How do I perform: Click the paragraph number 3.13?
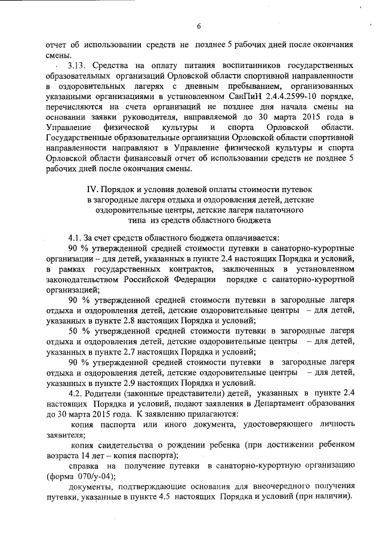click(79, 65)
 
